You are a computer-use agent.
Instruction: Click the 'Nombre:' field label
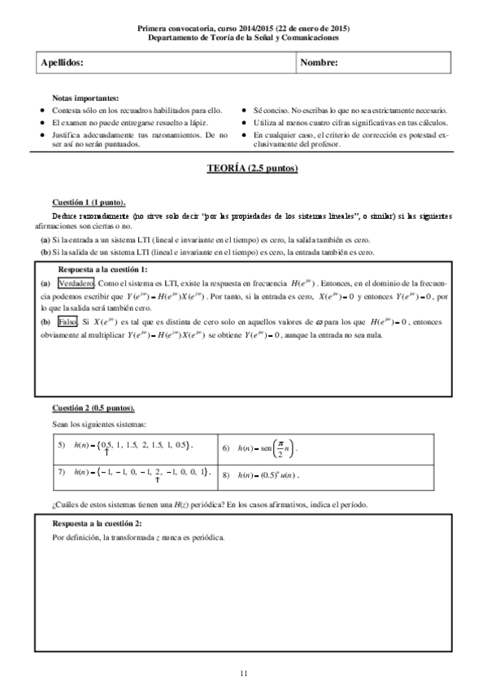[320, 63]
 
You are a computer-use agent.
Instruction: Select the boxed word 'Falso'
[68, 321]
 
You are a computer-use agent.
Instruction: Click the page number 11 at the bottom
[243, 672]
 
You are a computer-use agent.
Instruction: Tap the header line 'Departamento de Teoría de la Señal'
[243, 37]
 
